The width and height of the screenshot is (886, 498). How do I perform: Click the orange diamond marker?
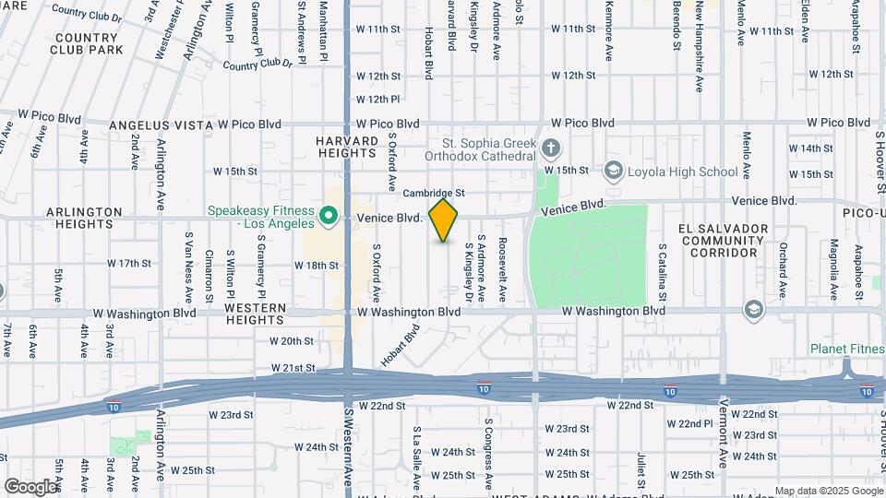[444, 220]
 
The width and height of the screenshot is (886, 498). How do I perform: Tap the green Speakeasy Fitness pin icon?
[328, 218]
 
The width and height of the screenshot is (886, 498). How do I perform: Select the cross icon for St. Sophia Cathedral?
[551, 148]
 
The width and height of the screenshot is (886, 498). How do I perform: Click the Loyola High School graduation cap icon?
[614, 172]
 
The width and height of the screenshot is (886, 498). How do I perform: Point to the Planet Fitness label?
[847, 349]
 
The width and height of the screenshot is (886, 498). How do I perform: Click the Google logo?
[30, 487]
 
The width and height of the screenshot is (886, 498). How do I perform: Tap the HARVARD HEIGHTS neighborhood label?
[348, 148]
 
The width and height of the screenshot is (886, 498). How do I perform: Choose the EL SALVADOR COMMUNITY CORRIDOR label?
[724, 240]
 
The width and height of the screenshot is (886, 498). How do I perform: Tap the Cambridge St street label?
[433, 193]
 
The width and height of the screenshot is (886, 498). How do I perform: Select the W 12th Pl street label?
[377, 99]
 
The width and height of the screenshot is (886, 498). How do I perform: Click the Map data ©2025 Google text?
[829, 491]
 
